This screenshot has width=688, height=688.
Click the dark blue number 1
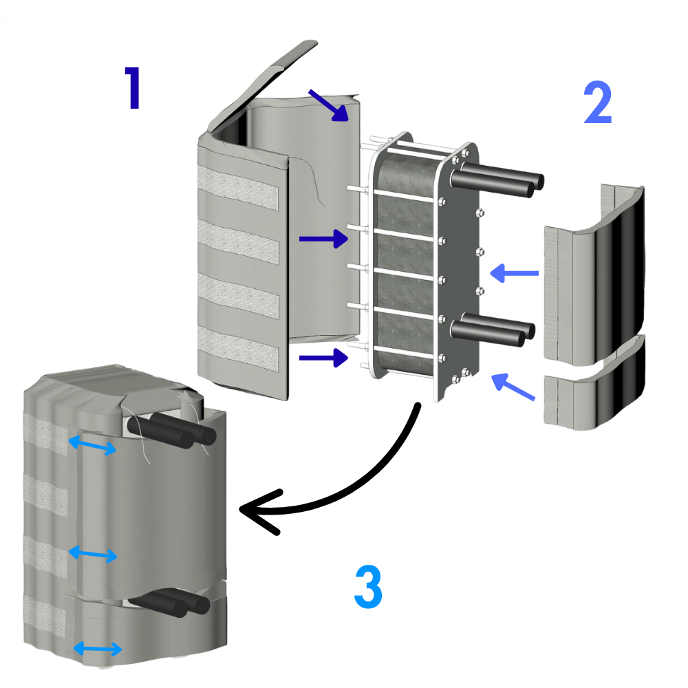[x=132, y=88]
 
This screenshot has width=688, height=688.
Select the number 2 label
[x=597, y=103]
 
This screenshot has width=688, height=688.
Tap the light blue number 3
[x=368, y=586]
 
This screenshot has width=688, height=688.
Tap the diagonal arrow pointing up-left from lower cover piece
[x=514, y=387]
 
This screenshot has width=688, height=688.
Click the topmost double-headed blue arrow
[x=92, y=445]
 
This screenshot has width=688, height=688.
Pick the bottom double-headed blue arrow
[x=97, y=648]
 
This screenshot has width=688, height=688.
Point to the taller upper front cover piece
[x=595, y=272]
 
